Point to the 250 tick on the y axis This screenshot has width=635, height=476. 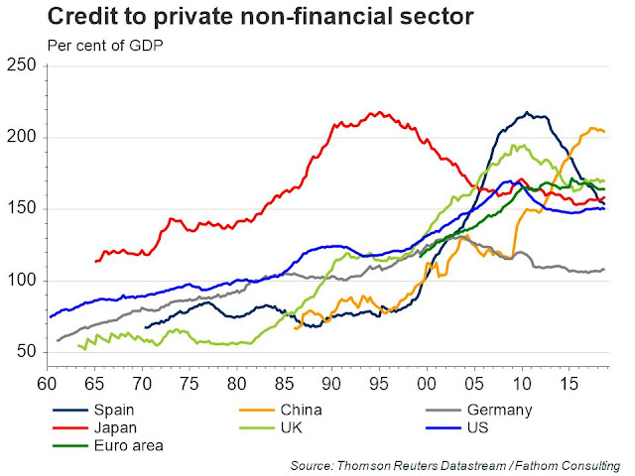21,65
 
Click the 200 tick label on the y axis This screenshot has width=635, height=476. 21,137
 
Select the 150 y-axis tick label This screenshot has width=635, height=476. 21,208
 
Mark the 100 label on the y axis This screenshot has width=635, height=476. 21,281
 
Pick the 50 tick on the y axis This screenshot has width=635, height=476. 26,352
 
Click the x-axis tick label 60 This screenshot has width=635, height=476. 47,382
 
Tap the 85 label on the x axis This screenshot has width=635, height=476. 284,382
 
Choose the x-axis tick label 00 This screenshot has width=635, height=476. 427,382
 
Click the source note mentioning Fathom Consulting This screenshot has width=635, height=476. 455,465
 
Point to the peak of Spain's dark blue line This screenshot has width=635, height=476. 527,112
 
